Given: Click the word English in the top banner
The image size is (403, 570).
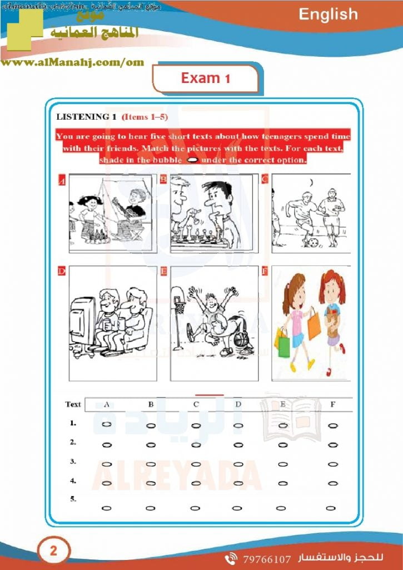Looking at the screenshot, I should point(328,14).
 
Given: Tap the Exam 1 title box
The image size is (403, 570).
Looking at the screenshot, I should point(205,78).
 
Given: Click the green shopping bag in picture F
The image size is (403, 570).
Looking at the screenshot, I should point(284,346).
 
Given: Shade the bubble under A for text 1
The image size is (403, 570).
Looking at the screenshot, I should point(107,424).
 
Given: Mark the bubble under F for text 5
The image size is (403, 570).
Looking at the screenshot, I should point(331,508).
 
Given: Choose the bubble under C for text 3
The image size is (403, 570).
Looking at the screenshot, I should point(196,464).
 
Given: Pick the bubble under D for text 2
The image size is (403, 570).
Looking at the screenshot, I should point(238,445).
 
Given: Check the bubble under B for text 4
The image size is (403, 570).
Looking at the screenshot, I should point(151,483).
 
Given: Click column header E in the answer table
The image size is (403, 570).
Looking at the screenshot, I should point(283,405).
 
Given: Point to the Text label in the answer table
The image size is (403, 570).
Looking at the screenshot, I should point(73,405).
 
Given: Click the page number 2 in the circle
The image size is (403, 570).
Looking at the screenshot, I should point(53,552).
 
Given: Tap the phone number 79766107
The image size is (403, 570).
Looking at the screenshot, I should point(267,558).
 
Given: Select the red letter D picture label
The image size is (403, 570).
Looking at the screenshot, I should point(61,271).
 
